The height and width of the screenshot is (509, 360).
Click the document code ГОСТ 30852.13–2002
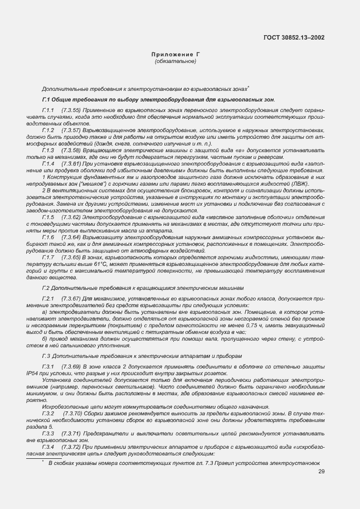click(294, 38)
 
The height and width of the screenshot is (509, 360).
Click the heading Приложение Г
click(176, 55)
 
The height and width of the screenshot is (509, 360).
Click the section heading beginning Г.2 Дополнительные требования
click(143, 288)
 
